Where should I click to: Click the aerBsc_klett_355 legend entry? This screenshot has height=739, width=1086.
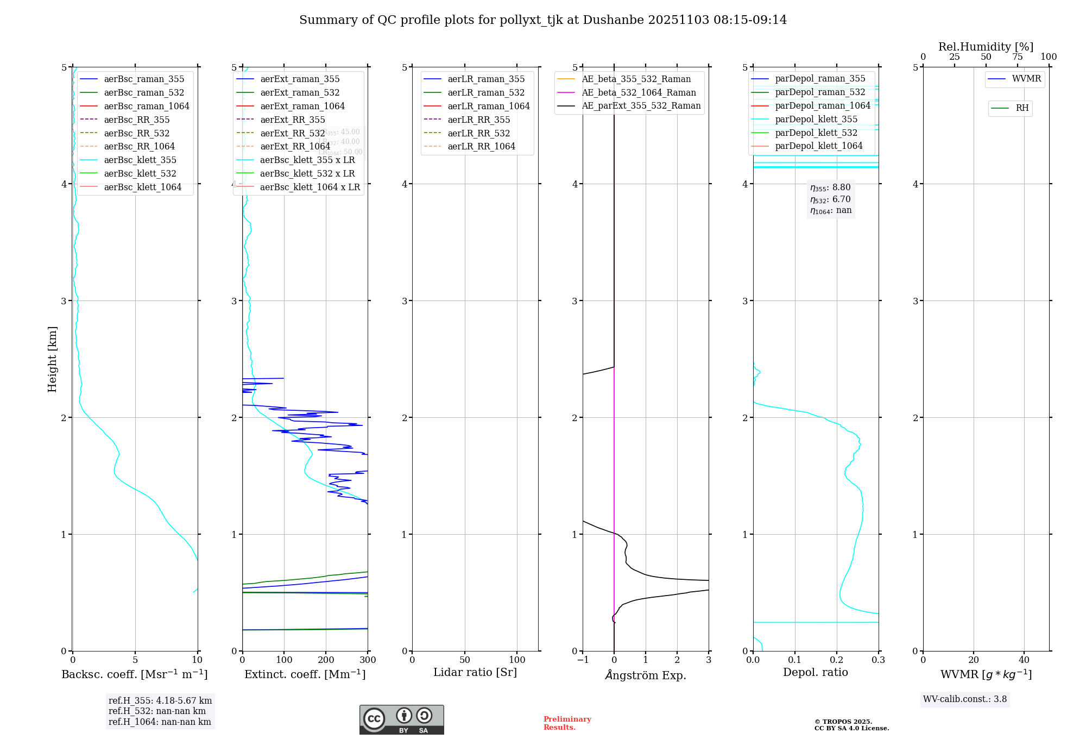[140, 160]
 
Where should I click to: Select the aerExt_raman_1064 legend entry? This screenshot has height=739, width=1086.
[302, 106]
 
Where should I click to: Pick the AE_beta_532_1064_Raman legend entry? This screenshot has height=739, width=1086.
[639, 92]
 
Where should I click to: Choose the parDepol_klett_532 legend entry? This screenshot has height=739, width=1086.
[816, 133]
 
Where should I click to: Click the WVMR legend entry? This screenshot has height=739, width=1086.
[1026, 79]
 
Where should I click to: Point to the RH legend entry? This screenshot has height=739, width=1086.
[1022, 108]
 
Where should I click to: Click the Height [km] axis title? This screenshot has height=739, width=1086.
[52, 359]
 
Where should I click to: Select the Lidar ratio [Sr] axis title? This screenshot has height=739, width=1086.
[475, 672]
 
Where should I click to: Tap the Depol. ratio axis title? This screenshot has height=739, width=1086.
[815, 672]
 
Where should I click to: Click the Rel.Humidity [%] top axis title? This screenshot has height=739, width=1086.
[986, 47]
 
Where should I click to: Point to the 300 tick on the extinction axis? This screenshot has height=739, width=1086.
[368, 660]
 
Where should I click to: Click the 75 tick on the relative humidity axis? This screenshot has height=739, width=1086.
[1017, 57]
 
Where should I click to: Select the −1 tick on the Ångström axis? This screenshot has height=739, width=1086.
[583, 660]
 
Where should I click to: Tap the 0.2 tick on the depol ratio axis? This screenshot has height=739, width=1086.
[837, 660]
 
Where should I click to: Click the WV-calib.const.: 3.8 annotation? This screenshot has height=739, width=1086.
[964, 699]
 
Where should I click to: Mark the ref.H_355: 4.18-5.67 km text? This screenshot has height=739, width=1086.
[160, 701]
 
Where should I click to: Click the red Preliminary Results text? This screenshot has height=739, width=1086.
[567, 723]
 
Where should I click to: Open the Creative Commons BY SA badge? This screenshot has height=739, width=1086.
[401, 719]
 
